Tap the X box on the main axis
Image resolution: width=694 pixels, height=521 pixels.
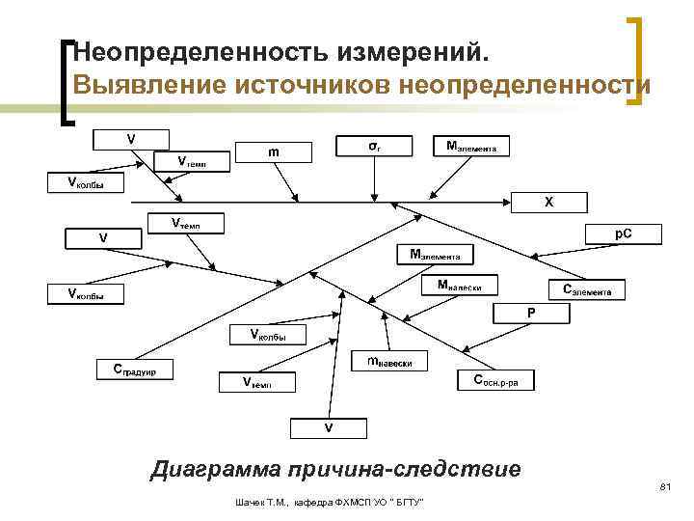(548, 202)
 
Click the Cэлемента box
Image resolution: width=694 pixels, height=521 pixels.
(586, 289)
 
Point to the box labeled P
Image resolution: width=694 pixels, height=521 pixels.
(530, 314)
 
